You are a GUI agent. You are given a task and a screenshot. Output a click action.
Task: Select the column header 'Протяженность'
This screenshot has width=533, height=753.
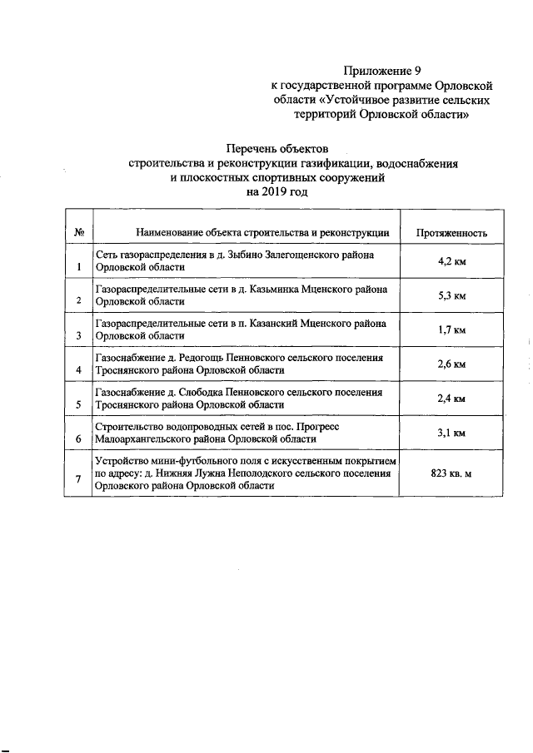click(452, 233)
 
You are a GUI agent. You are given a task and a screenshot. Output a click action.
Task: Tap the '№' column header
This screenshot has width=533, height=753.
click(77, 233)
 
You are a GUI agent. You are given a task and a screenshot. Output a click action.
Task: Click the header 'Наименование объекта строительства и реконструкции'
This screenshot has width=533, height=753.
click(252, 233)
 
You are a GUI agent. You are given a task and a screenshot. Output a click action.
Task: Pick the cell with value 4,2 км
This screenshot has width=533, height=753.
click(452, 260)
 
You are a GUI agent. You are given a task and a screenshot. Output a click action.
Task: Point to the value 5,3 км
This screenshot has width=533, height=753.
click(452, 295)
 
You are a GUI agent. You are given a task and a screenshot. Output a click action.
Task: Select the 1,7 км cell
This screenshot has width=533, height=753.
click(452, 329)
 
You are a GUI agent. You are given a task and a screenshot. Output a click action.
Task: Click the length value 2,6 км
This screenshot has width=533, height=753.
click(452, 364)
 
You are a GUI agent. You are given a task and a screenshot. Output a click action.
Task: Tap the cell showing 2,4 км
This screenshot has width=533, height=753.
click(452, 399)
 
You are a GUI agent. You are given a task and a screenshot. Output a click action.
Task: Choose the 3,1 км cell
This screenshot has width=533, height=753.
click(452, 433)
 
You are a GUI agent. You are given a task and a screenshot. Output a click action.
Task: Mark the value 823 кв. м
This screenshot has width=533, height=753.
click(452, 473)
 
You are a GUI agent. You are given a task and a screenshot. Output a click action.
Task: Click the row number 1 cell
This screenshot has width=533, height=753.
click(78, 267)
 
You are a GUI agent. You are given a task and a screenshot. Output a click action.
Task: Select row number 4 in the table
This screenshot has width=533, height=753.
click(78, 370)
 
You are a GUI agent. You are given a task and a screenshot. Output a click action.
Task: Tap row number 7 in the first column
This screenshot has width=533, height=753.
click(78, 479)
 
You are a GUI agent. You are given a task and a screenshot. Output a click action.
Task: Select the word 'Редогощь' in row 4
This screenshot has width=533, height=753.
click(197, 358)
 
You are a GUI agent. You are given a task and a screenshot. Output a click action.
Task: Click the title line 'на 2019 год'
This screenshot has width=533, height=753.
click(277, 191)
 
